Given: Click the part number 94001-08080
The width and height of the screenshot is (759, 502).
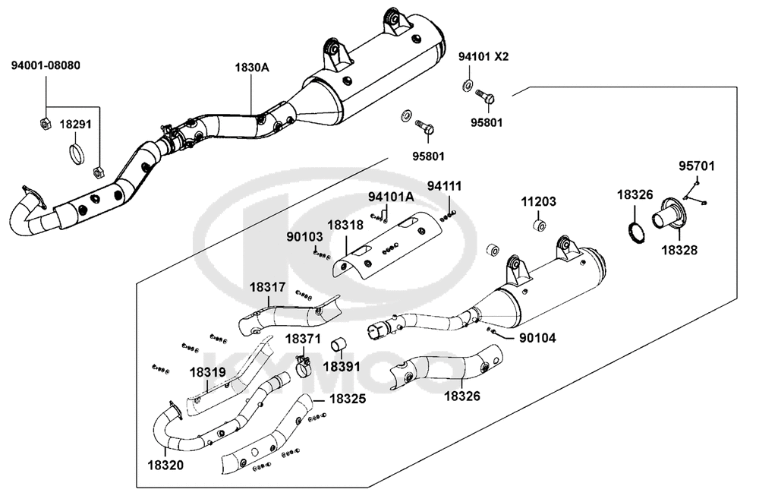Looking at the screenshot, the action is (x=46, y=65).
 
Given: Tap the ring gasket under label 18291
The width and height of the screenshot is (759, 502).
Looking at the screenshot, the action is (x=77, y=153).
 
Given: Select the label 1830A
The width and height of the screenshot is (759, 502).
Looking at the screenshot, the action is (x=252, y=68).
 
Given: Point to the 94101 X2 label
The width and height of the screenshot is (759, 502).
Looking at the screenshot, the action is (x=483, y=57).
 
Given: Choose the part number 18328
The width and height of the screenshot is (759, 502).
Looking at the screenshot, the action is (x=679, y=250).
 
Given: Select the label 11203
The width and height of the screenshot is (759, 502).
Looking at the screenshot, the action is (x=538, y=201).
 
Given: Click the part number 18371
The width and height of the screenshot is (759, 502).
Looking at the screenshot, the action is (x=303, y=339).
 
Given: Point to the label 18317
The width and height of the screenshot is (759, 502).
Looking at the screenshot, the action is (x=268, y=287).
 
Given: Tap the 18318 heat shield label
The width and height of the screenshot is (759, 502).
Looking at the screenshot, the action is (x=345, y=225).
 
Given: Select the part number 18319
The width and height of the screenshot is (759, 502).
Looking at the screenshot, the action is (x=207, y=373).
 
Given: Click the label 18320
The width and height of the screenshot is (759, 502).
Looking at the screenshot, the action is (x=165, y=466).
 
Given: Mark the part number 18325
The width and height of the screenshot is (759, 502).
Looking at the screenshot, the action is (x=348, y=399).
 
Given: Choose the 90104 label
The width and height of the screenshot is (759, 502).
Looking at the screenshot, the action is (x=538, y=338).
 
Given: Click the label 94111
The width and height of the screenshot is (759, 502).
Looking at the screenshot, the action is (x=444, y=185).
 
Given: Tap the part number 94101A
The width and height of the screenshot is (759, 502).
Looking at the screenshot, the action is (x=391, y=197).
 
